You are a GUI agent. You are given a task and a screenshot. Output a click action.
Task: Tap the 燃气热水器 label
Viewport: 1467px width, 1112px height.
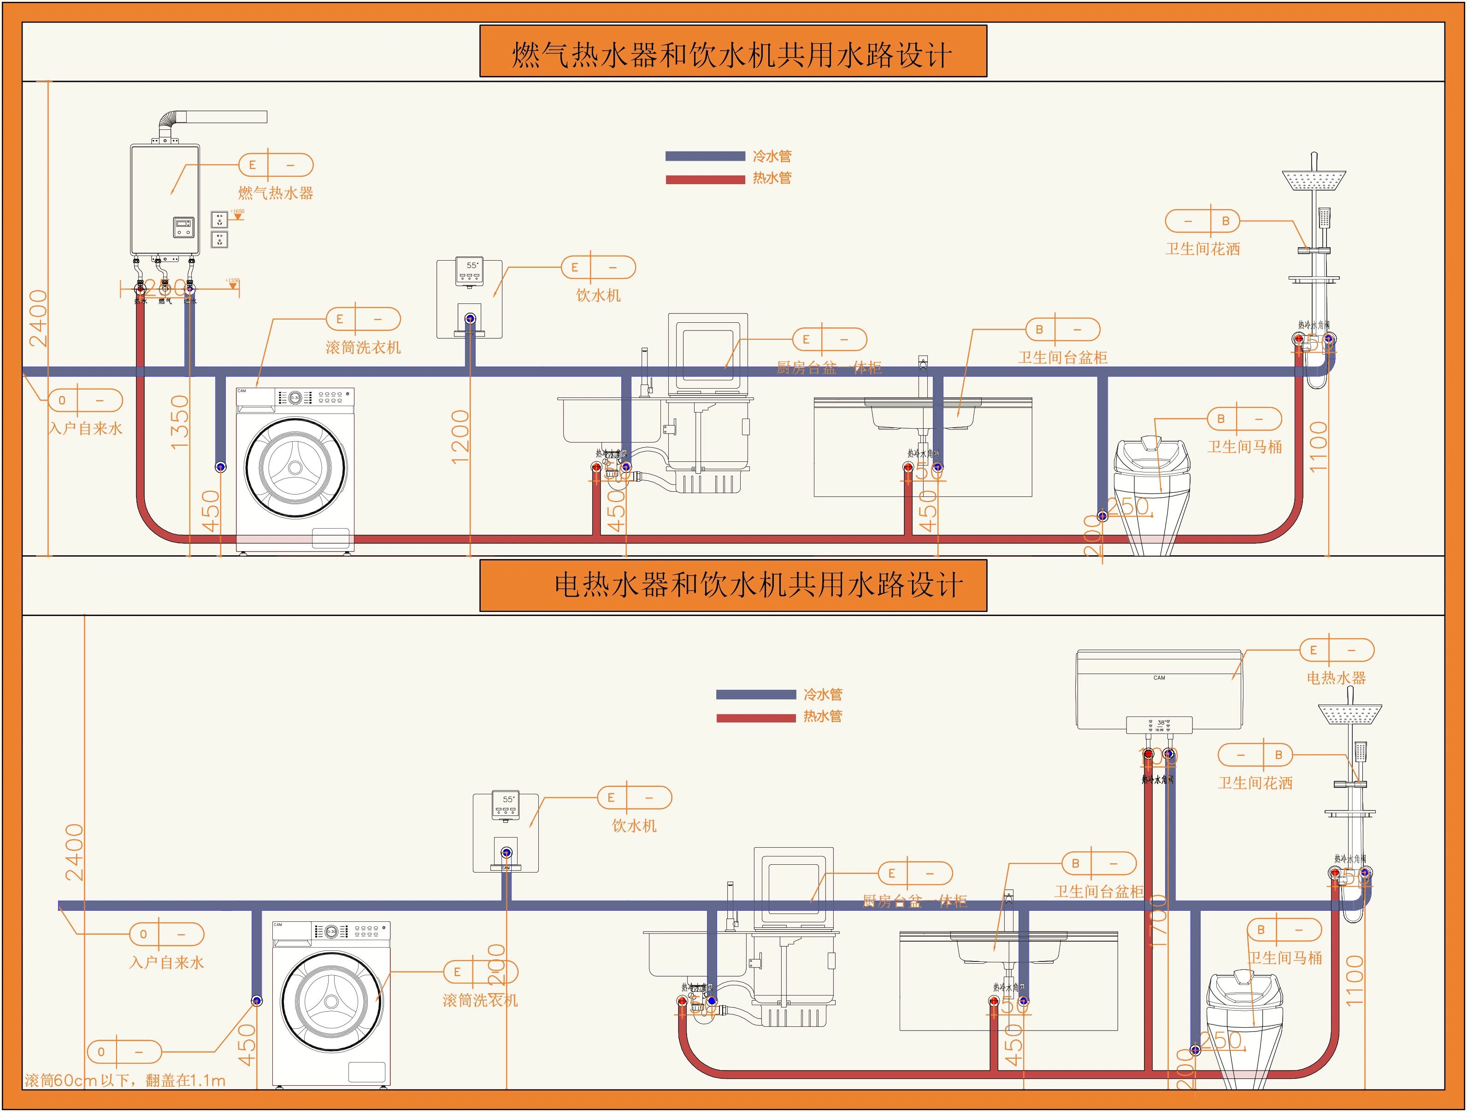tap(275, 193)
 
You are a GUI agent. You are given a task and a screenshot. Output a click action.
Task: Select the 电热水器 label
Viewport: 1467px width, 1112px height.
tap(1336, 678)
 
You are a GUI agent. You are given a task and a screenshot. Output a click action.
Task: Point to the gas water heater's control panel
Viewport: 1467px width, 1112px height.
tap(184, 227)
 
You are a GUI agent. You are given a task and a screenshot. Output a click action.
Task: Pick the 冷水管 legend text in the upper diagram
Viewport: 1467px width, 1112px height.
tap(772, 157)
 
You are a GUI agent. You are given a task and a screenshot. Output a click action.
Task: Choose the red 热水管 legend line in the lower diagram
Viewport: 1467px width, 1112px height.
tap(755, 718)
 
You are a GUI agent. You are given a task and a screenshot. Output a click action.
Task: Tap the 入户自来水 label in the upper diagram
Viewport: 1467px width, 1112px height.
tap(86, 429)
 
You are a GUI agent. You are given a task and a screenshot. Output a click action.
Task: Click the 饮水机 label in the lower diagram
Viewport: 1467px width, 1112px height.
tap(634, 826)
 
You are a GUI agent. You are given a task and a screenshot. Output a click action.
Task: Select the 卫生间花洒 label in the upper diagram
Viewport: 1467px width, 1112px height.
tap(1202, 249)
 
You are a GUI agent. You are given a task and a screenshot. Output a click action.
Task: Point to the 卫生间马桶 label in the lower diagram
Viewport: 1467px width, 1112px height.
tap(1285, 958)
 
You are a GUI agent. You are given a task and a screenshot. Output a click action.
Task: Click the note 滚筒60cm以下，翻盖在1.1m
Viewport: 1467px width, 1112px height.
tap(125, 1081)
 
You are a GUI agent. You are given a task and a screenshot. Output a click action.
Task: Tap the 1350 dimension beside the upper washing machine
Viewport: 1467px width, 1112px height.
tap(180, 422)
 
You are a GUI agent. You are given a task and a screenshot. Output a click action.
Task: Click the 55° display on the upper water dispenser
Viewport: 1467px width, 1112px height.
tap(471, 265)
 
